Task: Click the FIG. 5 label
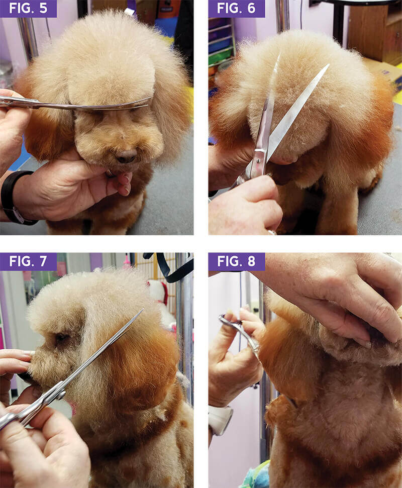tap(28, 9)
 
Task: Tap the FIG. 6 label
tap(237, 9)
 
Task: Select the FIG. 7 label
tap(28, 261)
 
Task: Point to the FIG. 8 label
tap(237, 261)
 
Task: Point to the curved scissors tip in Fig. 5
tap(150, 100)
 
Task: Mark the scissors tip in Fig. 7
tap(142, 311)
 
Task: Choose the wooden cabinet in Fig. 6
tap(372, 30)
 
